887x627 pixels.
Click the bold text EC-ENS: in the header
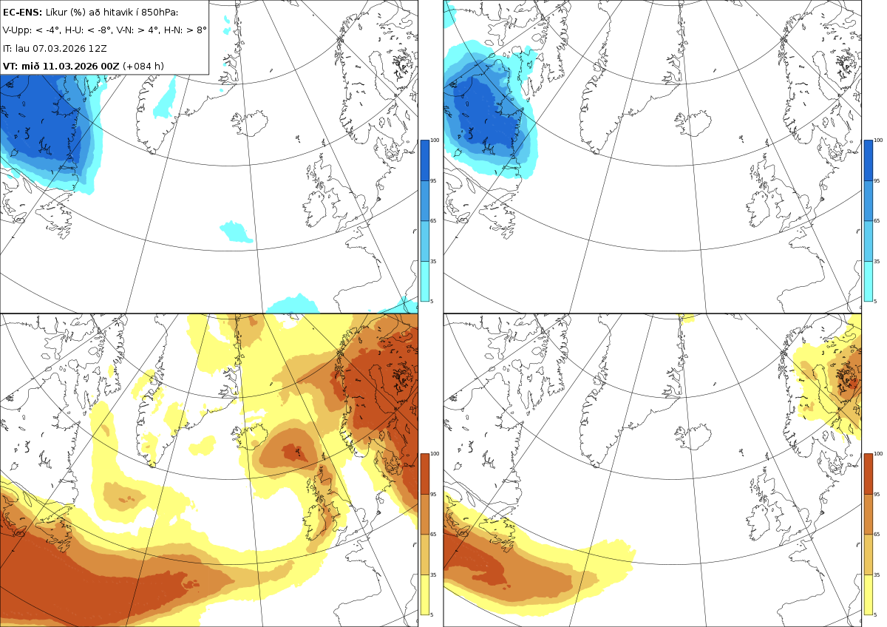pos(22,13)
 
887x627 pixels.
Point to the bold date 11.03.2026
pos(69,66)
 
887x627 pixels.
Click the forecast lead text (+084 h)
pos(143,66)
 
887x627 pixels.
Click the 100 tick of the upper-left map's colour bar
pos(435,140)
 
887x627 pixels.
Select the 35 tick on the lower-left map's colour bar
pos(433,575)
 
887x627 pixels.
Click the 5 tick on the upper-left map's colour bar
pos(432,301)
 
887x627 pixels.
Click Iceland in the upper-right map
pos(693,124)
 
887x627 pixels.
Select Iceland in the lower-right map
pos(693,438)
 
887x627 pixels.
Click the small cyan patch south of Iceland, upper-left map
pos(236,232)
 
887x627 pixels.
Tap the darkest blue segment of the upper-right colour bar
pos(868,160)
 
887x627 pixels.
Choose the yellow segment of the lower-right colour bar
pos(868,594)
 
